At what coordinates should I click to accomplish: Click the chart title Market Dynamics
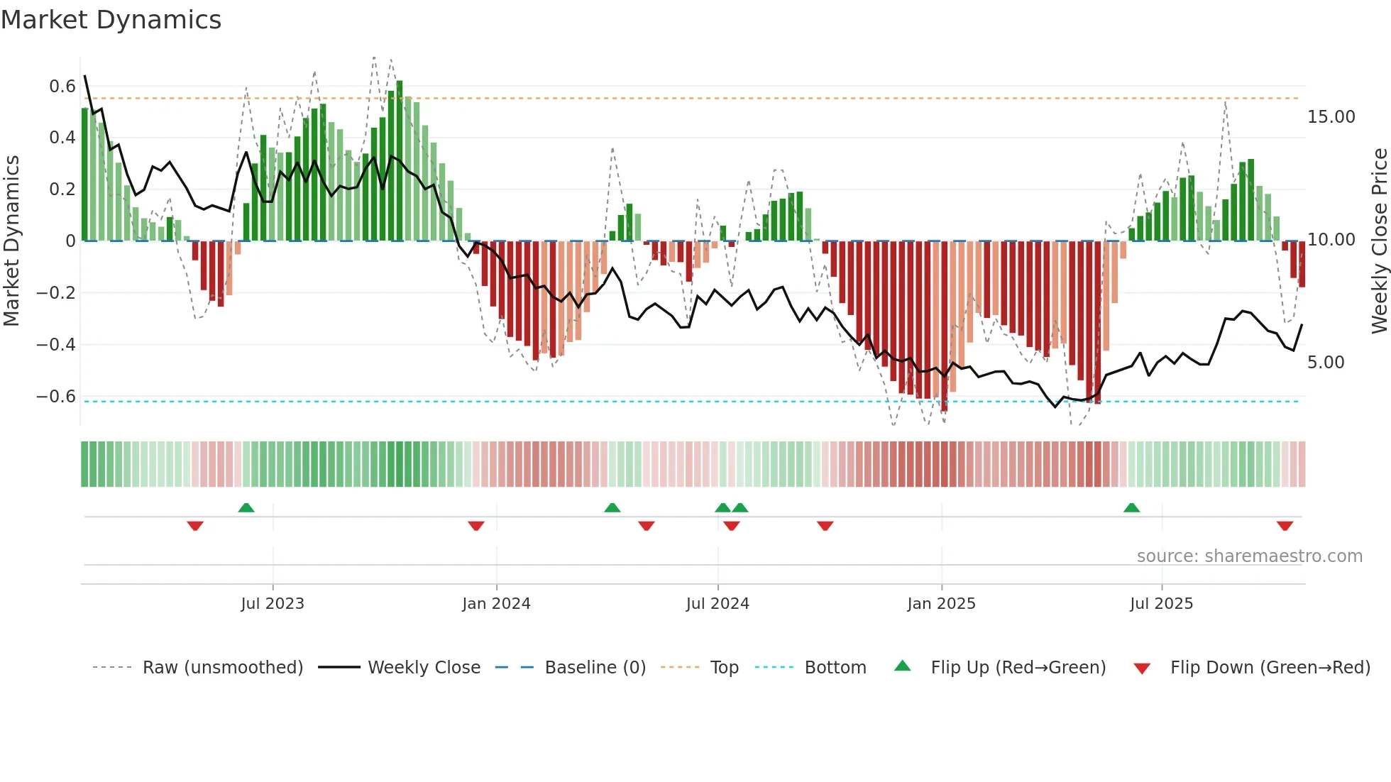(111, 20)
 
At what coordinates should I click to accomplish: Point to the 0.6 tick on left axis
(62, 87)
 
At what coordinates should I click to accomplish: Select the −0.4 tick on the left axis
(55, 345)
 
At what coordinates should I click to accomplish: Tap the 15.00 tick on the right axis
(1331, 117)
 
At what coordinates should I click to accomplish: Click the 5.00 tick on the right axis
(1326, 363)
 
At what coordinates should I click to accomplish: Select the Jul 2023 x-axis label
(272, 604)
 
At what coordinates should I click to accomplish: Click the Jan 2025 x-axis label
(941, 604)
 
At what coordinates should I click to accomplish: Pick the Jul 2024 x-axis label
(718, 604)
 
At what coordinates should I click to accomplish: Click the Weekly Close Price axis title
(1379, 241)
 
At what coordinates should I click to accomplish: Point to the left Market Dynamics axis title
(11, 241)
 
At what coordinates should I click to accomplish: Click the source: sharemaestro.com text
(1249, 556)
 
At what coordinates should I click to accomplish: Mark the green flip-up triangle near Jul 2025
(1131, 507)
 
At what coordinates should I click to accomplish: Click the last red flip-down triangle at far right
(1285, 526)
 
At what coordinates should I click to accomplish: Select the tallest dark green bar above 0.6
(400, 160)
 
